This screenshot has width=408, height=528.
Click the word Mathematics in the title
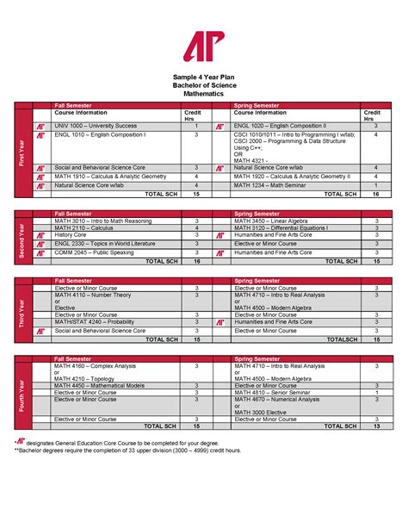[204, 94]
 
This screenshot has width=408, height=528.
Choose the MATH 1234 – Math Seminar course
[269, 185]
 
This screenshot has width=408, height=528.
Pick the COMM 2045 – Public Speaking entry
[91, 252]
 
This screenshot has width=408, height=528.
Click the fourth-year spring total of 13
[375, 426]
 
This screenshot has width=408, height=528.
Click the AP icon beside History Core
[40, 235]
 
